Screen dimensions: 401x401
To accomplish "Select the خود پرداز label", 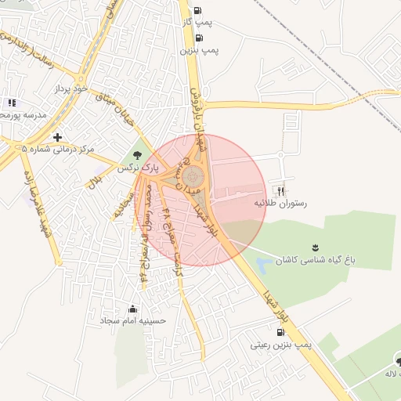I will [68, 90].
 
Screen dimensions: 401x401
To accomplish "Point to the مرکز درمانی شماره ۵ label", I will [58, 148].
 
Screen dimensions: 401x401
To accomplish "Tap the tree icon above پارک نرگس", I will [138, 155].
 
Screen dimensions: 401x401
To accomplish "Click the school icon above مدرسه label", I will [11, 103].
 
